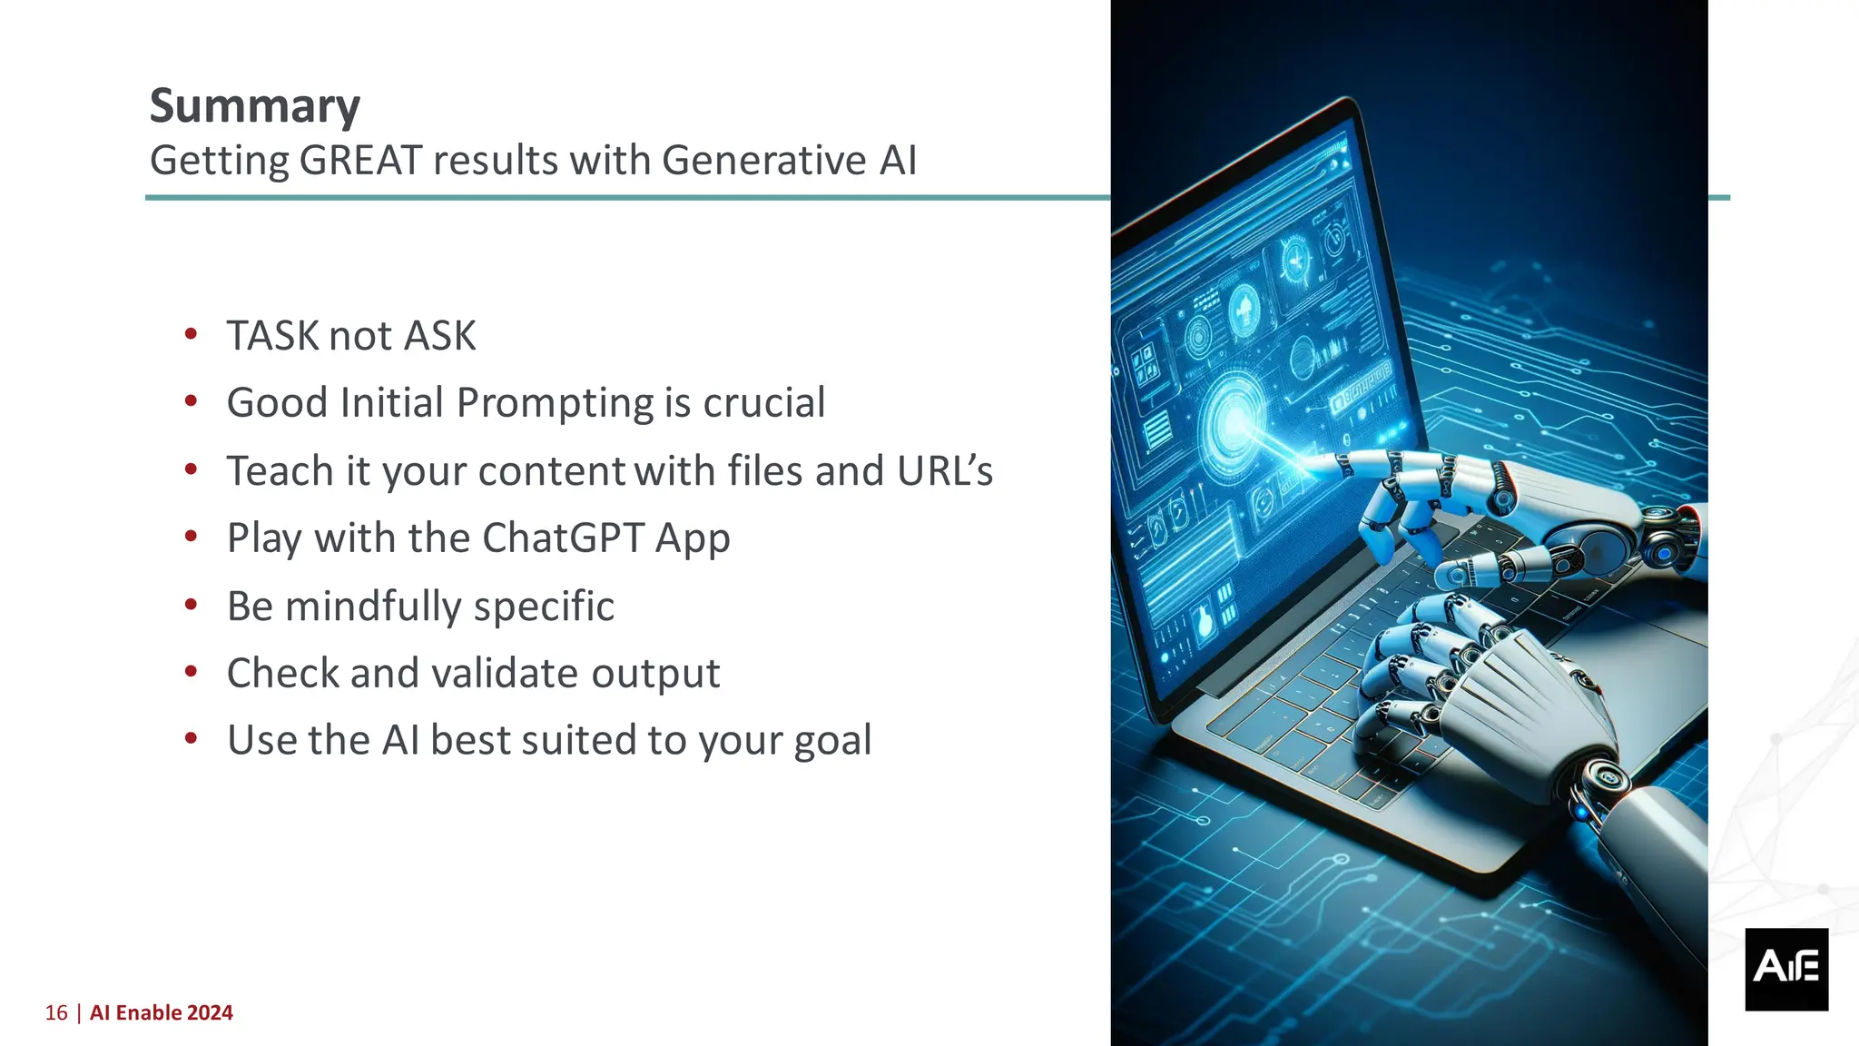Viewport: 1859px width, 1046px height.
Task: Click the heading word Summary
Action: click(x=254, y=106)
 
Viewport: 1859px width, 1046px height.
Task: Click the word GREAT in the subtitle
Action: click(x=360, y=161)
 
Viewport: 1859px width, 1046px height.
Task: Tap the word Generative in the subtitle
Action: click(x=763, y=161)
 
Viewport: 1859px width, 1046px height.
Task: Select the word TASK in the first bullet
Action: click(x=274, y=336)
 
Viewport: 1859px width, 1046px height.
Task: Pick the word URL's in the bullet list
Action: click(x=944, y=471)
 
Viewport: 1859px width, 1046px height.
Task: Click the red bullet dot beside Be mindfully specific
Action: click(x=191, y=605)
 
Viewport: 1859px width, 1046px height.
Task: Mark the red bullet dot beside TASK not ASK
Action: click(x=191, y=334)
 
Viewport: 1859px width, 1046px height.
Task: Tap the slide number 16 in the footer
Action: click(x=56, y=1013)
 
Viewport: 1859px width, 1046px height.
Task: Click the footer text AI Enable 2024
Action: click(x=162, y=1013)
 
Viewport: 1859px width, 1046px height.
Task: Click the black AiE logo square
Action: click(x=1785, y=969)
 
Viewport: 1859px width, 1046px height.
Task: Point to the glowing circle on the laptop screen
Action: click(x=1234, y=420)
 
